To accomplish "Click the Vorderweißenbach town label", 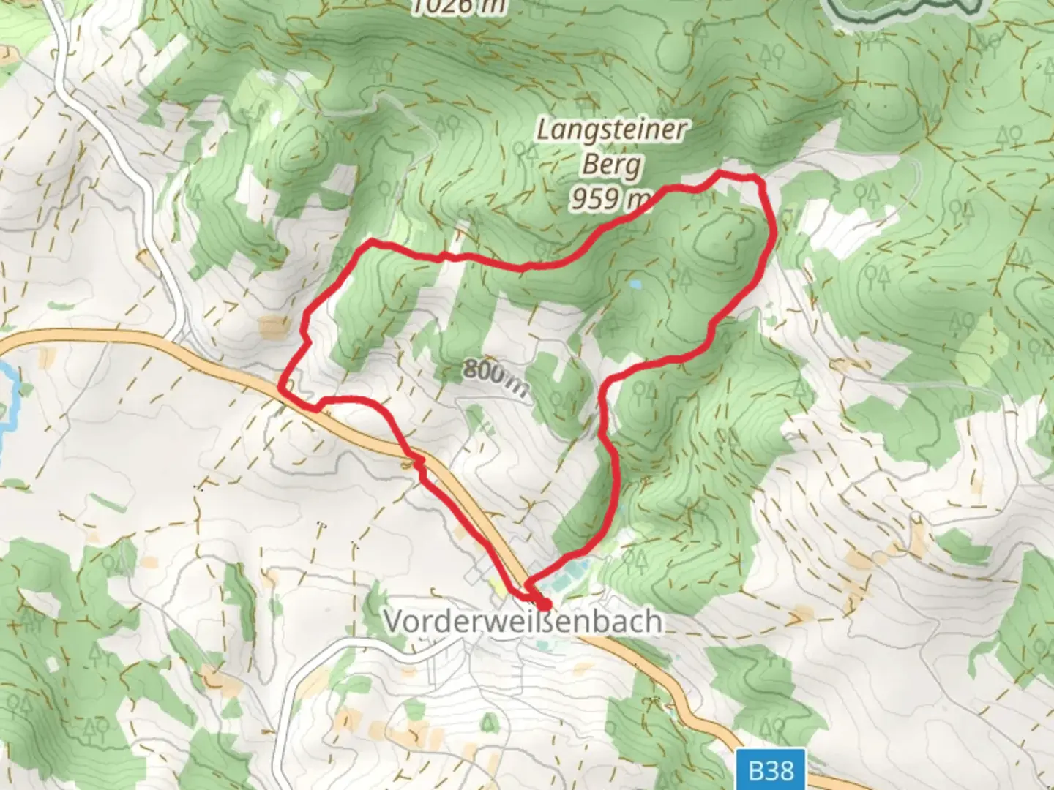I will pos(523,622).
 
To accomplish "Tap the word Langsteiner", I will pos(613,130).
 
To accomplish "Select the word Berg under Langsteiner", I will pos(612,165).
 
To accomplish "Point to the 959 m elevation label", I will pos(610,197).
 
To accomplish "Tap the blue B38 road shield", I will pos(771,770).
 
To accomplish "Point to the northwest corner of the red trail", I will pos(372,242).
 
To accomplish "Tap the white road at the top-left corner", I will pos(62,44).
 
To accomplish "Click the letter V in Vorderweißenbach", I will pos(392,622).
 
